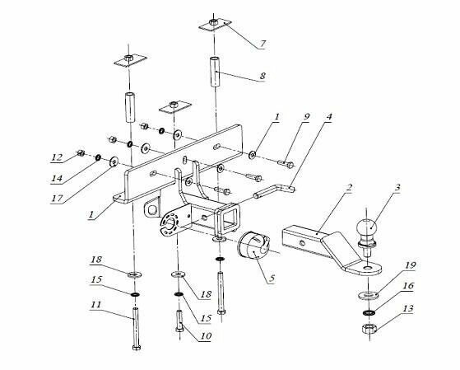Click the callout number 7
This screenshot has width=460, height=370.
tap(263, 42)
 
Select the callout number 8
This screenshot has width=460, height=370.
tap(263, 77)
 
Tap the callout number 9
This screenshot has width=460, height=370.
tap(305, 118)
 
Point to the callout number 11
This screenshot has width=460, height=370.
tap(96, 305)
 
